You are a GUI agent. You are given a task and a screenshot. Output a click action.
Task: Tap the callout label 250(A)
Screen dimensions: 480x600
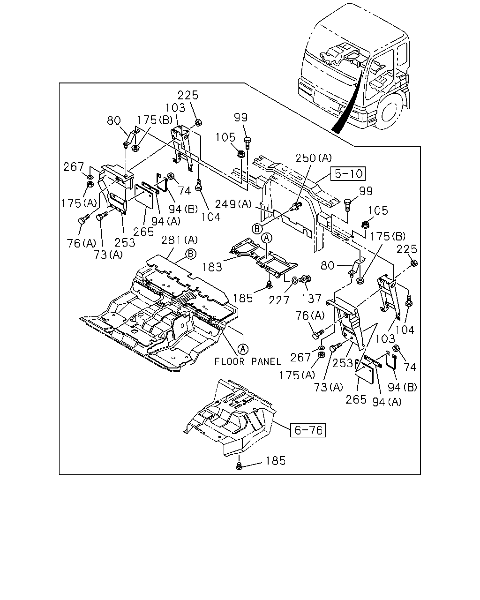[313, 158]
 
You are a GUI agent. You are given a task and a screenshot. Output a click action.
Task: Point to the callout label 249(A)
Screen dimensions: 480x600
[233, 204]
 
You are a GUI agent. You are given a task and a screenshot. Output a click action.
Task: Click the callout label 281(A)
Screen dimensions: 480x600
[180, 240]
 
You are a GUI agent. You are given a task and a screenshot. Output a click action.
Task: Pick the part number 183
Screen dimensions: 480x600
[212, 267]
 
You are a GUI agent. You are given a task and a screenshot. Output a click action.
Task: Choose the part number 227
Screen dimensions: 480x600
[279, 300]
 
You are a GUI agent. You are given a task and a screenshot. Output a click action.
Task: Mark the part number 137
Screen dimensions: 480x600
[311, 298]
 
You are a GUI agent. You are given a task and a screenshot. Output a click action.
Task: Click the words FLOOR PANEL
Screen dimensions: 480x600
[248, 361]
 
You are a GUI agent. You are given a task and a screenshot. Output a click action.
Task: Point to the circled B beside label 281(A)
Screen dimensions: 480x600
[191, 254]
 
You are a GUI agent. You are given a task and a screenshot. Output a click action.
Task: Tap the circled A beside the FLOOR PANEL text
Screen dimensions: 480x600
[243, 348]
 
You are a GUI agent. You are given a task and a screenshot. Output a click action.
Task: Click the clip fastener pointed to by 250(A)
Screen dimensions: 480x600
[296, 207]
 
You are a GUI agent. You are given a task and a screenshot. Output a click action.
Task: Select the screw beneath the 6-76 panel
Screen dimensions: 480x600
[239, 465]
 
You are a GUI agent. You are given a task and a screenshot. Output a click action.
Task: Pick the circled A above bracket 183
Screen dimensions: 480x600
[267, 238]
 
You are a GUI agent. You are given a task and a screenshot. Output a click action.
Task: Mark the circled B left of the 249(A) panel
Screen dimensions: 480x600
[257, 229]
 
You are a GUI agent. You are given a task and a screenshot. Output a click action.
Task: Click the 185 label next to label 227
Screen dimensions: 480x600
[243, 298]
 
